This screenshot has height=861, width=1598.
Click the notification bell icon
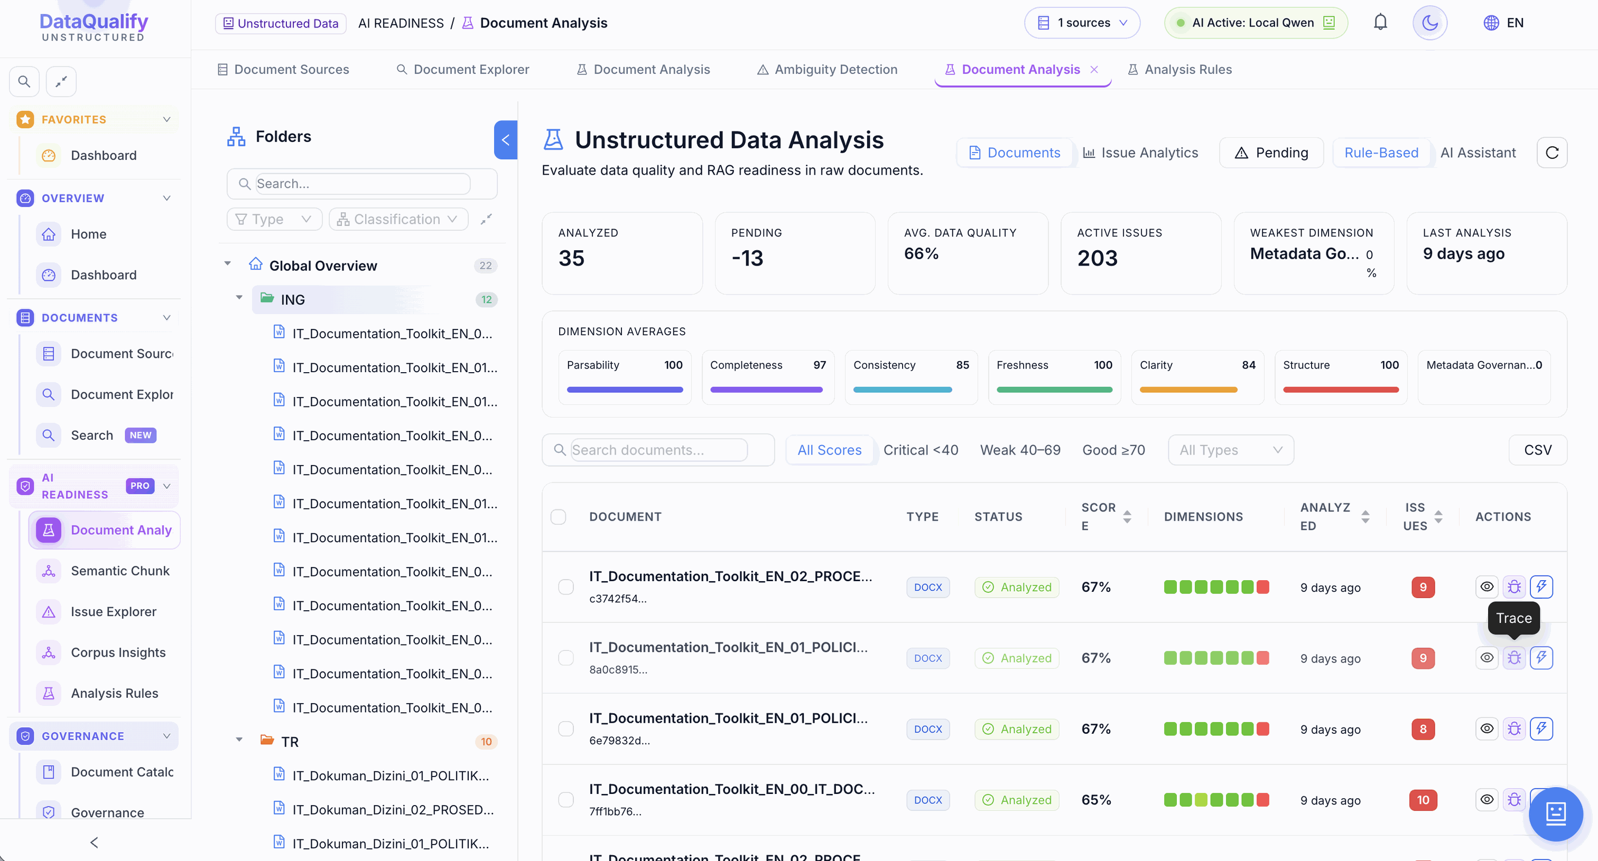pyautogui.click(x=1380, y=22)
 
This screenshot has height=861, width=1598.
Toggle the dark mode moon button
pyautogui.click(x=1429, y=23)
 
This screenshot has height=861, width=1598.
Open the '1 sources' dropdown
pyautogui.click(x=1082, y=23)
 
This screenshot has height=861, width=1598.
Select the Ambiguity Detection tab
pyautogui.click(x=827, y=70)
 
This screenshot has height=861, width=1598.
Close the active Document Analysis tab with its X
pyautogui.click(x=1094, y=70)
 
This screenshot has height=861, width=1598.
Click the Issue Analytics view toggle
pyautogui.click(x=1140, y=153)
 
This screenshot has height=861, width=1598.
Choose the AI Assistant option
pyautogui.click(x=1478, y=153)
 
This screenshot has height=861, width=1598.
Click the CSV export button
pyautogui.click(x=1538, y=450)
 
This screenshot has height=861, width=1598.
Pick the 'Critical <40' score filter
pyautogui.click(x=921, y=450)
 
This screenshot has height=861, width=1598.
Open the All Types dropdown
pyautogui.click(x=1231, y=450)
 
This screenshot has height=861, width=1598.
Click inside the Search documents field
pyautogui.click(x=659, y=450)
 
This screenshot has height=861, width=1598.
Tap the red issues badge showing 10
pyautogui.click(x=1423, y=800)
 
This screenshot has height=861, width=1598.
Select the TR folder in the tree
pyautogui.click(x=290, y=741)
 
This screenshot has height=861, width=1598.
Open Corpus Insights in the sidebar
pyautogui.click(x=118, y=652)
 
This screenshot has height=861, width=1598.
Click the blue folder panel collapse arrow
pyautogui.click(x=506, y=140)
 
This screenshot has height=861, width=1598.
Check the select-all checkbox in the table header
pyautogui.click(x=559, y=516)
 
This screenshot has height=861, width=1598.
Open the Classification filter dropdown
pyautogui.click(x=397, y=219)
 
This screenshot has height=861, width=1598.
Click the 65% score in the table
pyautogui.click(x=1095, y=800)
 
